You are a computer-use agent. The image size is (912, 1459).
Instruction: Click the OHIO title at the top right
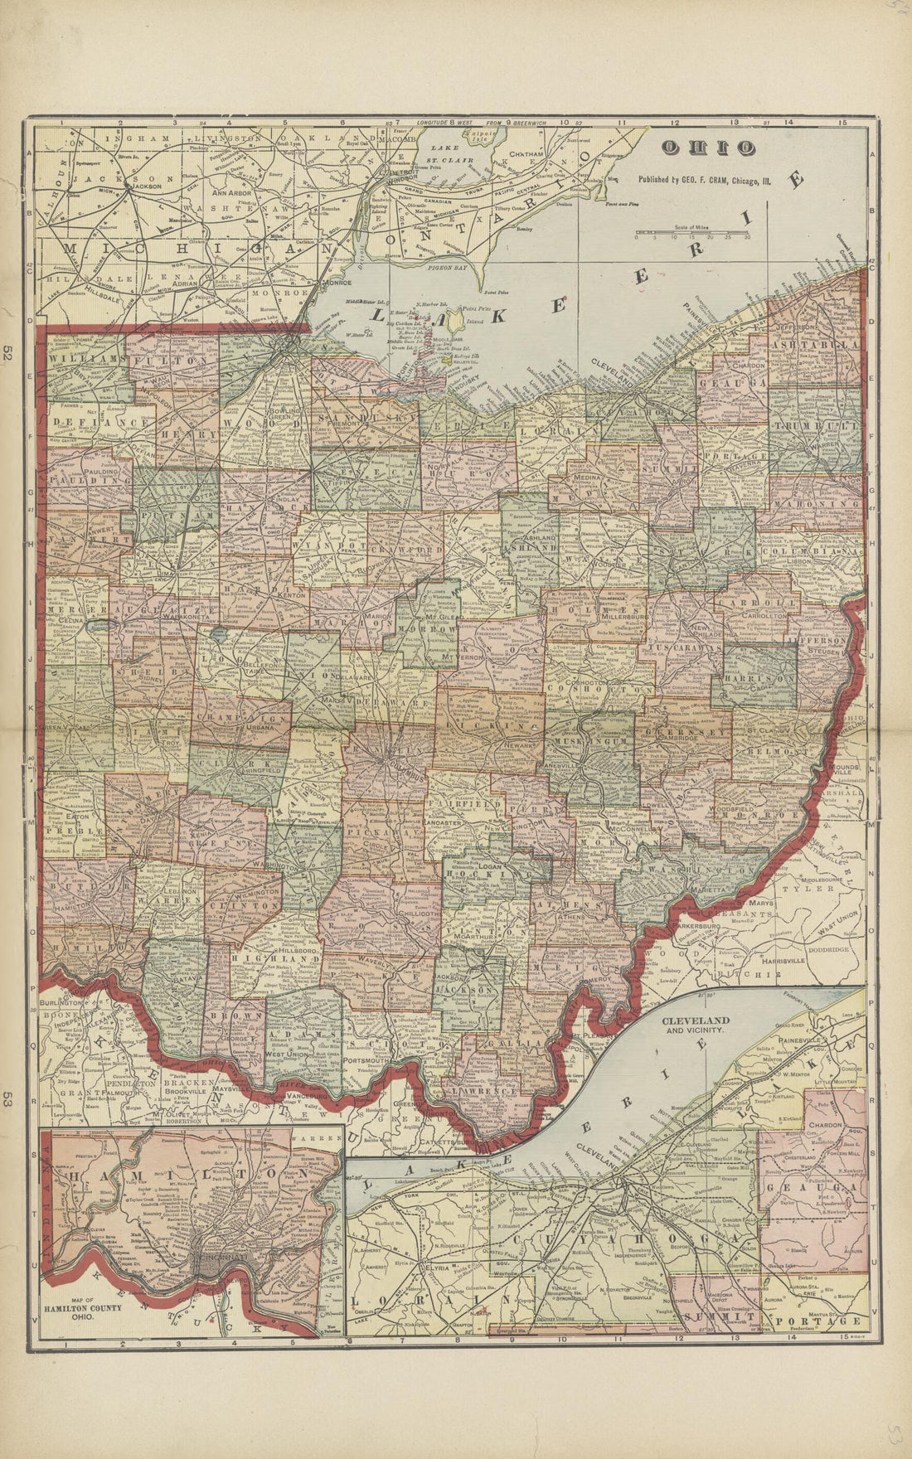[x=707, y=148]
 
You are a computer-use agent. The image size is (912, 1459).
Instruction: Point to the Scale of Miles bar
[x=693, y=233]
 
